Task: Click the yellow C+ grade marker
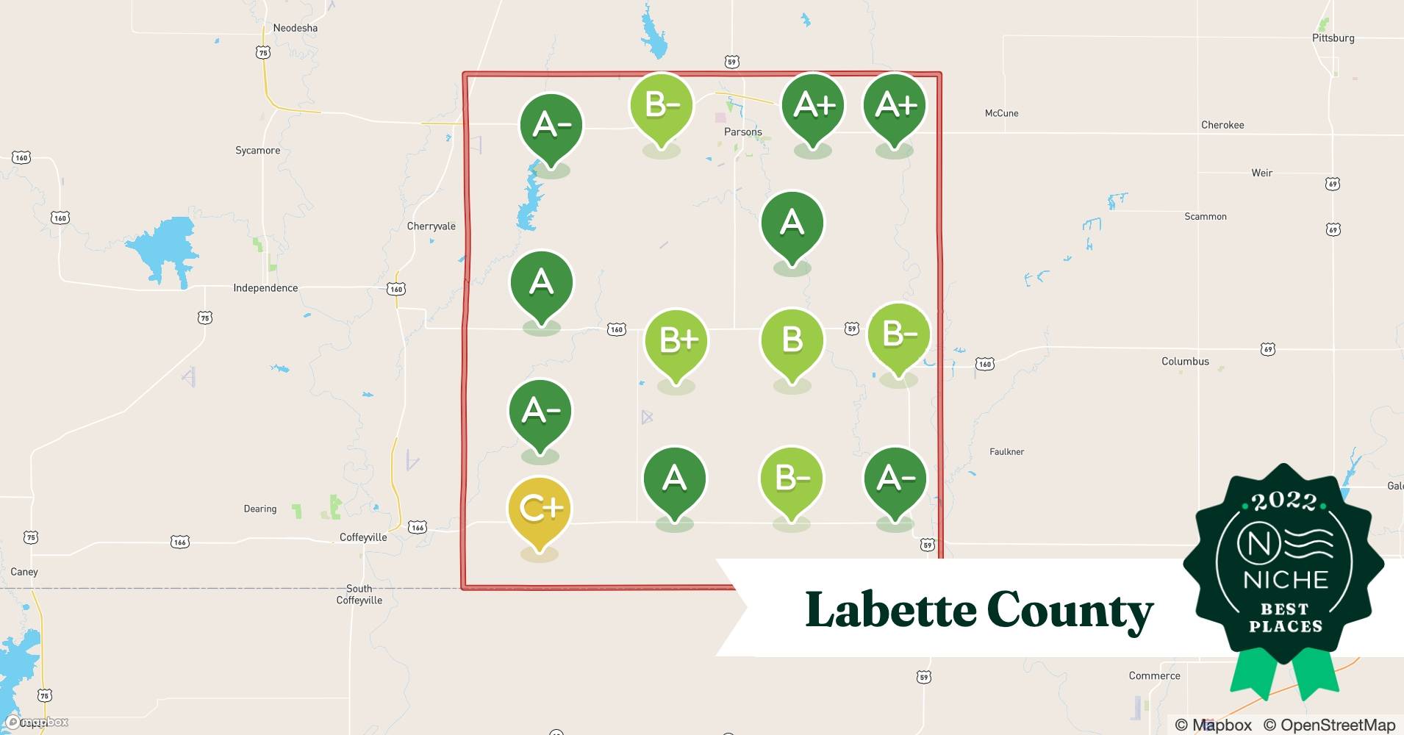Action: [540, 509]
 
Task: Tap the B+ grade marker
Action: [676, 341]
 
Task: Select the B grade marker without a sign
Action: [792, 340]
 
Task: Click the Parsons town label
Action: [742, 132]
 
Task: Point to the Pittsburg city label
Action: [1333, 38]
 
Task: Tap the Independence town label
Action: [265, 288]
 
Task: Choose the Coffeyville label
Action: [363, 537]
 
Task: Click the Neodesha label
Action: [296, 28]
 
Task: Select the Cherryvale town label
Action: [431, 226]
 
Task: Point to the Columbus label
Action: [1185, 362]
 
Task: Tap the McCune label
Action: [1001, 113]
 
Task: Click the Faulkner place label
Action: [1006, 452]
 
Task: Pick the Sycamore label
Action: [257, 151]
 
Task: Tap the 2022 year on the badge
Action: [1284, 502]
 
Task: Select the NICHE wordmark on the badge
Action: [1286, 580]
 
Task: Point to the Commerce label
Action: [1154, 676]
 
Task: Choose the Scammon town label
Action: [1205, 217]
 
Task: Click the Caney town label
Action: [24, 572]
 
